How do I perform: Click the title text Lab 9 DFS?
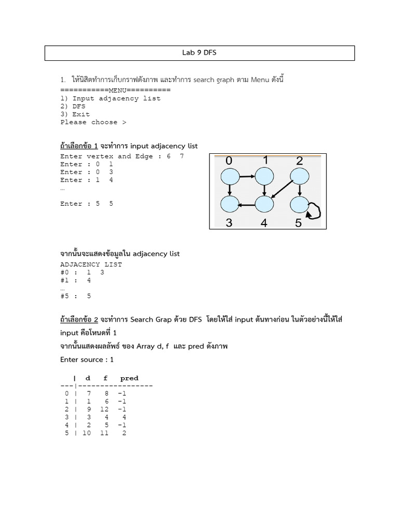199,53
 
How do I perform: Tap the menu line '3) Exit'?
75,114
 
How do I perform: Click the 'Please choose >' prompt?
93,122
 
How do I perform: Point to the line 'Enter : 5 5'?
86,204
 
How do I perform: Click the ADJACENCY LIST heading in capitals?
91,264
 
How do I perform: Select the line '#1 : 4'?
75,280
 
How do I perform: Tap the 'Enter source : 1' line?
87,360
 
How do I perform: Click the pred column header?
129,378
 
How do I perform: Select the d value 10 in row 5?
86,433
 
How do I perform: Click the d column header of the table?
88,378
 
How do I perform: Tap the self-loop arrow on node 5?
314,211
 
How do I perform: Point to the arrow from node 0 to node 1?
247,177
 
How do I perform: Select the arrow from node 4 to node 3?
247,205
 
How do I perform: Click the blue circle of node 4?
264,204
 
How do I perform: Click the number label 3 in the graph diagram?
229,223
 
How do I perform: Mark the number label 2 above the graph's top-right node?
299,161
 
